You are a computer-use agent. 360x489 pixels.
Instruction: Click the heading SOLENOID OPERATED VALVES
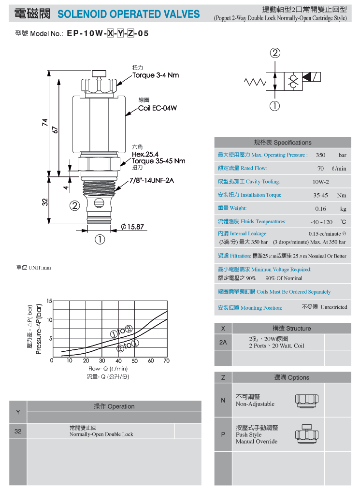pyautogui.click(x=129, y=14)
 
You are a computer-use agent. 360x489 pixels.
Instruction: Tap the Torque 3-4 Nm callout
pyautogui.click(x=156, y=75)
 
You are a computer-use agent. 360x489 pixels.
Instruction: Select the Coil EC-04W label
pyautogui.click(x=158, y=108)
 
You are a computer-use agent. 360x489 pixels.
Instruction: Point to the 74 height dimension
pyautogui.click(x=45, y=122)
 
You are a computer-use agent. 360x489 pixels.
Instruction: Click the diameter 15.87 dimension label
pyautogui.click(x=132, y=227)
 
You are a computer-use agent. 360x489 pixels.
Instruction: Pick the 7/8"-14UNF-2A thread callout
pyautogui.click(x=152, y=180)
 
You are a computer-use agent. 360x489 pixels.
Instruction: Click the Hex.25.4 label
pyautogui.click(x=145, y=154)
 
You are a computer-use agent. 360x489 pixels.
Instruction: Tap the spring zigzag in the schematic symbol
pyautogui.click(x=255, y=82)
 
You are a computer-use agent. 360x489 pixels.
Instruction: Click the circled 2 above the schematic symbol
pyautogui.click(x=275, y=53)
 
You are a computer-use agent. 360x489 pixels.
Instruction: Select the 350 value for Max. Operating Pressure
pyautogui.click(x=320, y=155)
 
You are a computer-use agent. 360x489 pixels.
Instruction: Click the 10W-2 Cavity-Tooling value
pyautogui.click(x=321, y=182)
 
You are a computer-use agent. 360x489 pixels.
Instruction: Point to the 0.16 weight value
pyautogui.click(x=320, y=209)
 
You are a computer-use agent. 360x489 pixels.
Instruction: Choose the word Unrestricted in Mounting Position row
pyautogui.click(x=334, y=307)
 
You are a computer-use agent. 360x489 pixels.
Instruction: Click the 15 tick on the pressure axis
pyautogui.click(x=49, y=301)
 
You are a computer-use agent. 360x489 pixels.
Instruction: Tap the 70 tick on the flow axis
pyautogui.click(x=167, y=361)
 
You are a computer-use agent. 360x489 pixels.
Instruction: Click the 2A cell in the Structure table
pyautogui.click(x=223, y=342)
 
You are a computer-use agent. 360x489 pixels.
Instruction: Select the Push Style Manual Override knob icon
pyautogui.click(x=307, y=434)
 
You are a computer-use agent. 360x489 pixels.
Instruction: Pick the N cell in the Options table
pyautogui.click(x=223, y=400)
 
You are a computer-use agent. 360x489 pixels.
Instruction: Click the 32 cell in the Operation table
pyautogui.click(x=18, y=431)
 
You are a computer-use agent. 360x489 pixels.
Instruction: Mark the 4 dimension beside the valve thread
pyautogui.click(x=66, y=187)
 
